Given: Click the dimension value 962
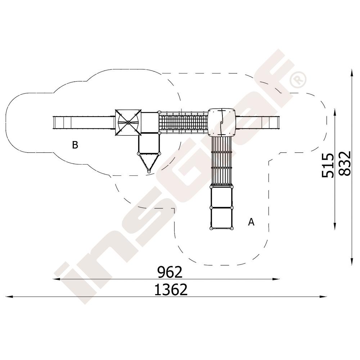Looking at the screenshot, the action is tap(170, 272).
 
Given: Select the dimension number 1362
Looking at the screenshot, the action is tap(171, 289).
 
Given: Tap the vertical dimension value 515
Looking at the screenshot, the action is tap(327, 166).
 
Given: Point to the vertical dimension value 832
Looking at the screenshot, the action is tap(345, 163).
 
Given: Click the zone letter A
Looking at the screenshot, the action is tap(251, 222).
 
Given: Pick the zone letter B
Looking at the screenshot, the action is tap(75, 145).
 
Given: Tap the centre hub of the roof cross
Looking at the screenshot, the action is tap(128, 123).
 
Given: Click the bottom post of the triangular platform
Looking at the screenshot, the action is tap(149, 171).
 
